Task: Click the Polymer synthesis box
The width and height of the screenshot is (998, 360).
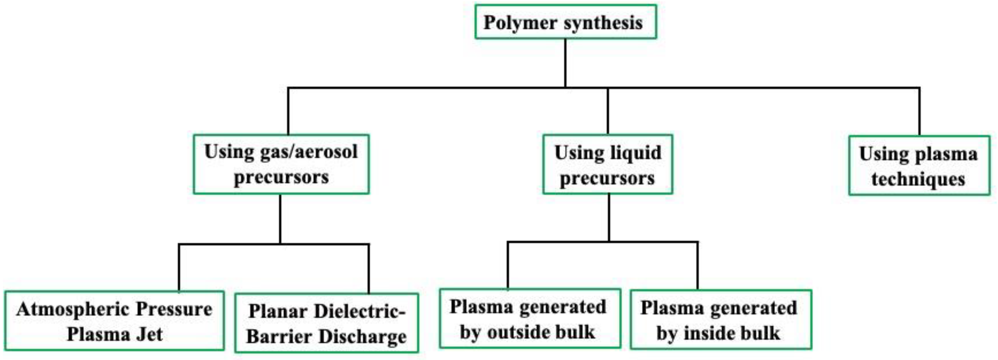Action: pyautogui.click(x=565, y=22)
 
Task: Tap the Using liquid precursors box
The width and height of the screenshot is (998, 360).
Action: pyautogui.click(x=608, y=165)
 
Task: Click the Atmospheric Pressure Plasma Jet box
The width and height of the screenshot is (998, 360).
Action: pyautogui.click(x=115, y=321)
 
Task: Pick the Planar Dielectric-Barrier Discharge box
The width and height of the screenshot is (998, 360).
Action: pyautogui.click(x=326, y=323)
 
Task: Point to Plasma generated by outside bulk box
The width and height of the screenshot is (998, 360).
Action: pyautogui.click(x=530, y=319)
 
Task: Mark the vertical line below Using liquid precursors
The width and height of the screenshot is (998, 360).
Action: pyautogui.click(x=609, y=217)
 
